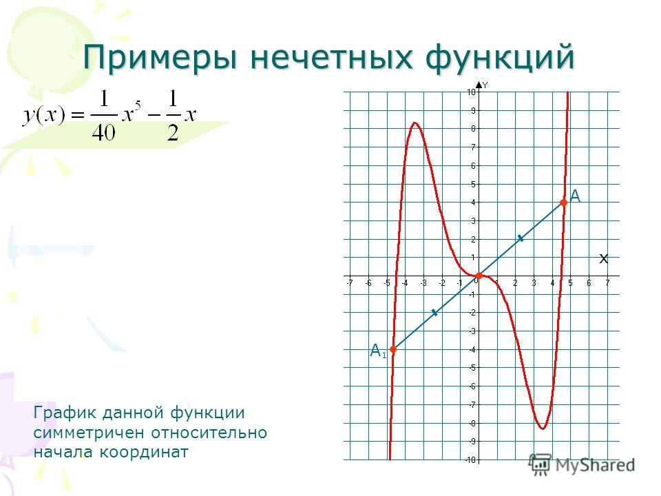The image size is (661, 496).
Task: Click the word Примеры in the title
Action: coord(160,58)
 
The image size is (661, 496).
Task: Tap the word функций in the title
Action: coord(500,58)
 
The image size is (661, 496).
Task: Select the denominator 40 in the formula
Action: coord(103,134)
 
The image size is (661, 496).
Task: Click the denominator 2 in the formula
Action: coord(173,134)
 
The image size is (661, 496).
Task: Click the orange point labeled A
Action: coord(564,203)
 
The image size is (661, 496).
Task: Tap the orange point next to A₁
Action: coord(393,349)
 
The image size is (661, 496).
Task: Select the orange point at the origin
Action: coord(479,276)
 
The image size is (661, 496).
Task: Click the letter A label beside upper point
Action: coord(575,196)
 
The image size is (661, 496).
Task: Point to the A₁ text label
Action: coord(378,351)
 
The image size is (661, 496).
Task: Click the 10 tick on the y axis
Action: coord(471,92)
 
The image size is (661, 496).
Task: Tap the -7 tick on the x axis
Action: coord(349,283)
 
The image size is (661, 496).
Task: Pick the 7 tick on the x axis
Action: coord(607,283)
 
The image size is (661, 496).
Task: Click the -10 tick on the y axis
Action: coord(470,459)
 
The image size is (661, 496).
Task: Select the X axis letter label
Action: coord(604,259)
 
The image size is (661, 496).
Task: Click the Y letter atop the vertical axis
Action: coord(485,85)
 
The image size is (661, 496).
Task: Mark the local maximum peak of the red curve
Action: coord(415,123)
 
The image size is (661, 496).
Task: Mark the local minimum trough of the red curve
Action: coord(543,429)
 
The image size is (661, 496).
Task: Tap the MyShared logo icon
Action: coord(540,464)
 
